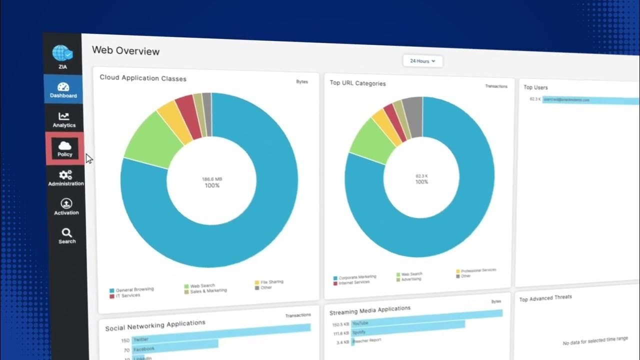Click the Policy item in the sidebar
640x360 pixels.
point(64,148)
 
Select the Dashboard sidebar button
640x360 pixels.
point(63,90)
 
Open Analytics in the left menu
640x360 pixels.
point(64,119)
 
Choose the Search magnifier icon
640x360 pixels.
point(66,233)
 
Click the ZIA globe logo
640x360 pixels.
point(62,54)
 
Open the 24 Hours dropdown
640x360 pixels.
point(422,61)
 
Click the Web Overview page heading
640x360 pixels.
point(126,51)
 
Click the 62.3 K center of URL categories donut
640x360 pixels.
point(422,176)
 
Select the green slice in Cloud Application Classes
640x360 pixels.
point(147,140)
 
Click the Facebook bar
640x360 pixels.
point(174,345)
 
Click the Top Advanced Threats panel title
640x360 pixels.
point(545,298)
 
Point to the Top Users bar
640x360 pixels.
point(590,100)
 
